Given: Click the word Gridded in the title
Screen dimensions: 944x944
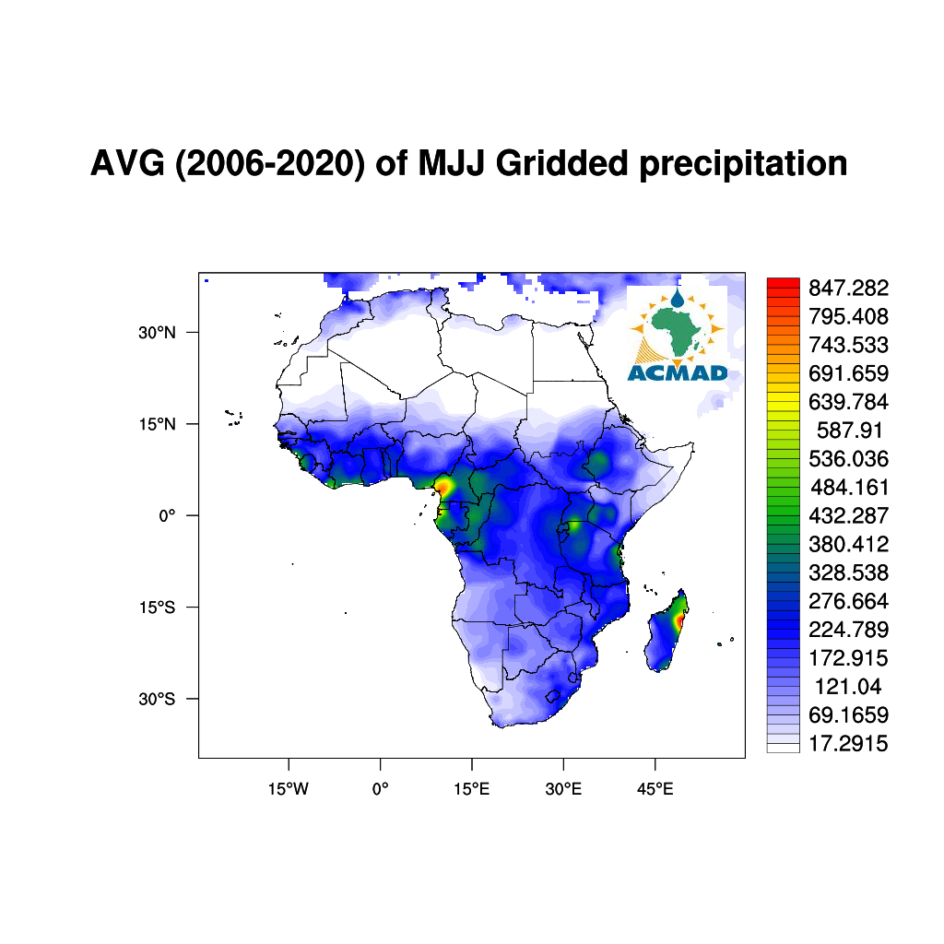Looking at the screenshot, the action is coord(561,164).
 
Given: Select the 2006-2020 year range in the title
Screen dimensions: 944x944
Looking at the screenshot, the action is coord(269,164).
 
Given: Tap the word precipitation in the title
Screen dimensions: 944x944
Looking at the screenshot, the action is coord(743,164).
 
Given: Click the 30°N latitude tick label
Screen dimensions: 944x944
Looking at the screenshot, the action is coord(157,332).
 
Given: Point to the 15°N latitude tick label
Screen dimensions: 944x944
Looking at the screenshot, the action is coord(157,424).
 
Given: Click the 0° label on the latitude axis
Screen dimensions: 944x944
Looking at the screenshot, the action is coord(167,516).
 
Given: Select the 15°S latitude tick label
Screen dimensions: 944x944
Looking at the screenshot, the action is coord(157,608).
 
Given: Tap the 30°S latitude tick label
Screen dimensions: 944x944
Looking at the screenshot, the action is coord(157,699).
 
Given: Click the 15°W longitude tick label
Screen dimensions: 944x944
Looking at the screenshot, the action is coord(289,789).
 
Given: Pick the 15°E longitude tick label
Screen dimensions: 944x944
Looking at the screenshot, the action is coord(471,789).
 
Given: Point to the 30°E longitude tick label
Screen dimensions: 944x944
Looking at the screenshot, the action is coord(563,789).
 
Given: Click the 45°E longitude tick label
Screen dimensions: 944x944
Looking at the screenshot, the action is coord(655,789).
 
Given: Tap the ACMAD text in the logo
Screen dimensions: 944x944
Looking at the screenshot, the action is coord(678,373).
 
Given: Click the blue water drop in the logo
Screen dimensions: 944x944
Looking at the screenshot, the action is coord(678,298).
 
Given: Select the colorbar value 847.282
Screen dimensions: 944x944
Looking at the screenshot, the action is coord(848,289).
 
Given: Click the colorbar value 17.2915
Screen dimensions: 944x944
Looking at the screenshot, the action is coord(848,744).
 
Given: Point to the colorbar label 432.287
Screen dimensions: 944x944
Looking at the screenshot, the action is coord(848,516).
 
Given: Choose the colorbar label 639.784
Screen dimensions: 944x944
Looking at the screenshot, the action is coord(848,402).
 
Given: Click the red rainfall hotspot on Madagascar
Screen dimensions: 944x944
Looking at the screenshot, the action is coord(680,620).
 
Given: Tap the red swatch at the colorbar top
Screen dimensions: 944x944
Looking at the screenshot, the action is coord(784,282).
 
